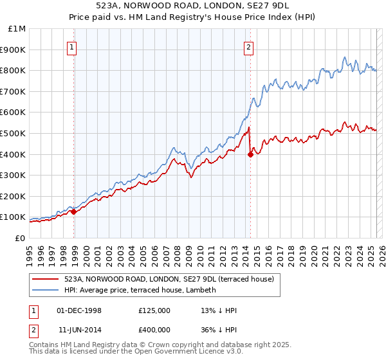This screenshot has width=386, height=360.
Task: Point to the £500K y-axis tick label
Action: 14,133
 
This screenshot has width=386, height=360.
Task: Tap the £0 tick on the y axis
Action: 20,238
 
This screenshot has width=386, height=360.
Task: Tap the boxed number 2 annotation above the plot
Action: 248,46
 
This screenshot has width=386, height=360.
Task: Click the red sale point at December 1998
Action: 73,212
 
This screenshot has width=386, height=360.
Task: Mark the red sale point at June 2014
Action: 250,154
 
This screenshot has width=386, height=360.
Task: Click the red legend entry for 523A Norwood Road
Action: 169,279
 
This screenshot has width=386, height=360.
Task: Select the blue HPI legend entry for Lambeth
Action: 140,290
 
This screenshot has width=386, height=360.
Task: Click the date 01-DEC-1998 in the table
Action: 79,310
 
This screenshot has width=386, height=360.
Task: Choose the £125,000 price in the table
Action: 154,310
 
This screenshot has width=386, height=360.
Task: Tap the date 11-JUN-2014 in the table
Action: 79,331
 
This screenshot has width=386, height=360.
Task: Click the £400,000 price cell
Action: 154,331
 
